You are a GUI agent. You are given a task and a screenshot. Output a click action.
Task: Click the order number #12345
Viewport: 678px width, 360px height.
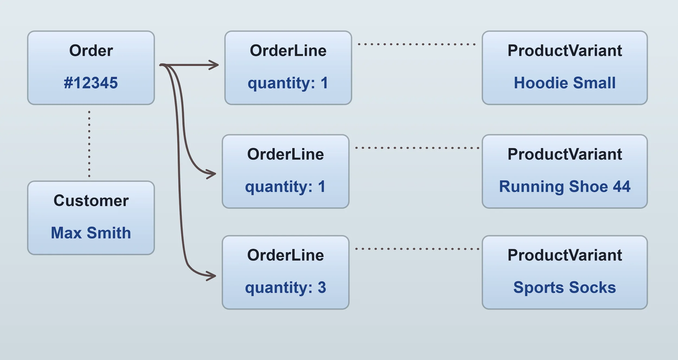(x=91, y=83)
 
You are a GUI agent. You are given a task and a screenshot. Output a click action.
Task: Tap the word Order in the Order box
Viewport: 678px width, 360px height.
(x=91, y=51)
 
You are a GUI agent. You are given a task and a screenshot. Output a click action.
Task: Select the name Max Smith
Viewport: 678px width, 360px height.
(x=91, y=233)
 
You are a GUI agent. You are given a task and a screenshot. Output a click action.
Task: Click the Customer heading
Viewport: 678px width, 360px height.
(x=91, y=201)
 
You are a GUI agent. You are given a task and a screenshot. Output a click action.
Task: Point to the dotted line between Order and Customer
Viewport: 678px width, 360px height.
(x=89, y=144)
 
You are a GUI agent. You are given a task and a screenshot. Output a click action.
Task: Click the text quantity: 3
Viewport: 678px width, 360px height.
(x=285, y=287)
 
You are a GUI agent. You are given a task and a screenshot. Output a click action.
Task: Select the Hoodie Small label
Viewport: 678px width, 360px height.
(x=565, y=83)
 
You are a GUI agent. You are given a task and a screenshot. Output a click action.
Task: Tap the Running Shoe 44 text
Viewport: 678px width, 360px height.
(x=565, y=187)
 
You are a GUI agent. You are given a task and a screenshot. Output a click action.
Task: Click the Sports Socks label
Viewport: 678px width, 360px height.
(x=565, y=287)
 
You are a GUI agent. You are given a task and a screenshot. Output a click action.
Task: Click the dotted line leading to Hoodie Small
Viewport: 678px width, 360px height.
(x=416, y=44)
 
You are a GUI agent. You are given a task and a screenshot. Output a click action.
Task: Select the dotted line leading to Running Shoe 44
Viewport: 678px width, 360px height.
(x=417, y=148)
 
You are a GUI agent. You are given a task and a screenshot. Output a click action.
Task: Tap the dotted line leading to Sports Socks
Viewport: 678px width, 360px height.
(x=417, y=249)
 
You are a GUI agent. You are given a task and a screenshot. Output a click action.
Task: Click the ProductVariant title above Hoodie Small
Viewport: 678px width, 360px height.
(x=565, y=51)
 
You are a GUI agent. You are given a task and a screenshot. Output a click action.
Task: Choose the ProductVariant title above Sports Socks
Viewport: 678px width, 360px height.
(x=565, y=255)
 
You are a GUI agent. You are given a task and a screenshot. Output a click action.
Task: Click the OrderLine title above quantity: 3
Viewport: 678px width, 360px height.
(x=285, y=255)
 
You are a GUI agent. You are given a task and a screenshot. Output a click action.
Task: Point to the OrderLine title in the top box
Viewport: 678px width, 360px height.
(x=288, y=51)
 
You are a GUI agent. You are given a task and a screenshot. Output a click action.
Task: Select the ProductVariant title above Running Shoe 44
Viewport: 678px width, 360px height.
(x=565, y=154)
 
